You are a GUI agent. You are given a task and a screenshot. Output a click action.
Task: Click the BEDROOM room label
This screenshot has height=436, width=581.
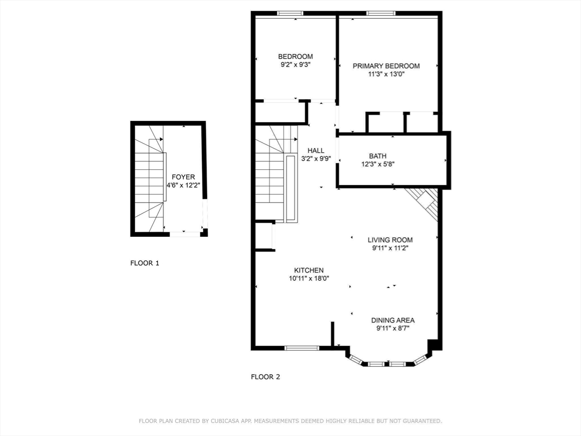[x=295, y=57]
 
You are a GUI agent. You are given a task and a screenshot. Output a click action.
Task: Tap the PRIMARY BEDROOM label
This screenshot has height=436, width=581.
[x=386, y=66]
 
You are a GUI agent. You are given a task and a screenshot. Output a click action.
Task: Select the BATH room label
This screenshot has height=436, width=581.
[x=377, y=156]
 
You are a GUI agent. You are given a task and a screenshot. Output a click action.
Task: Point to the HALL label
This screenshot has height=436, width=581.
[x=315, y=150]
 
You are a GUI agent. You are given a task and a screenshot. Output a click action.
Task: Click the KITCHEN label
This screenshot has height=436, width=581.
[x=309, y=270]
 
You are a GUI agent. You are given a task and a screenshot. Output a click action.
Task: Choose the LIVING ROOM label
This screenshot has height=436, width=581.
[x=390, y=240]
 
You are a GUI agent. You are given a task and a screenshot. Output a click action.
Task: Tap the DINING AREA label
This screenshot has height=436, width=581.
[x=393, y=320]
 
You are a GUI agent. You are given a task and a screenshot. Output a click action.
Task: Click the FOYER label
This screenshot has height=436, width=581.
[x=183, y=177]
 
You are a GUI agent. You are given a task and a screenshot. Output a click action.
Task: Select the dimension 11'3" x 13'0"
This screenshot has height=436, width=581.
[x=386, y=74]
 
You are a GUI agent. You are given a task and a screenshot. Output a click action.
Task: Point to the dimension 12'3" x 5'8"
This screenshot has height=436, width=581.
[x=378, y=164]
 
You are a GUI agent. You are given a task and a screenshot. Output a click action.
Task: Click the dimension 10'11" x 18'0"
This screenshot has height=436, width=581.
[x=309, y=278]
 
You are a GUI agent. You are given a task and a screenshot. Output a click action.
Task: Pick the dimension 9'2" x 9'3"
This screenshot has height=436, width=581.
[x=295, y=65]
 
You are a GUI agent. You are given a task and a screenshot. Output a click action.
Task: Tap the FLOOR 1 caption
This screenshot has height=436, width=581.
[x=145, y=263]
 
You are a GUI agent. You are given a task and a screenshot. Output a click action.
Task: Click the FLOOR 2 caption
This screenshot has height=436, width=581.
[x=266, y=377]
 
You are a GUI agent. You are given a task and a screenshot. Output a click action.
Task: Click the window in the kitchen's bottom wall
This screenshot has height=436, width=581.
[x=302, y=348]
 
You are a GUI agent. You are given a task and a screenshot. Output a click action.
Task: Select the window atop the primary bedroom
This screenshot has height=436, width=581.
[x=381, y=14]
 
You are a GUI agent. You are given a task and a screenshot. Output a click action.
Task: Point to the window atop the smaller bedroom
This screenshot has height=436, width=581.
[x=290, y=14]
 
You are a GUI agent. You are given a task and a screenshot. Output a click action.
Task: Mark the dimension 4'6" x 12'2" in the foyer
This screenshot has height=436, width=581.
[x=183, y=186]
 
